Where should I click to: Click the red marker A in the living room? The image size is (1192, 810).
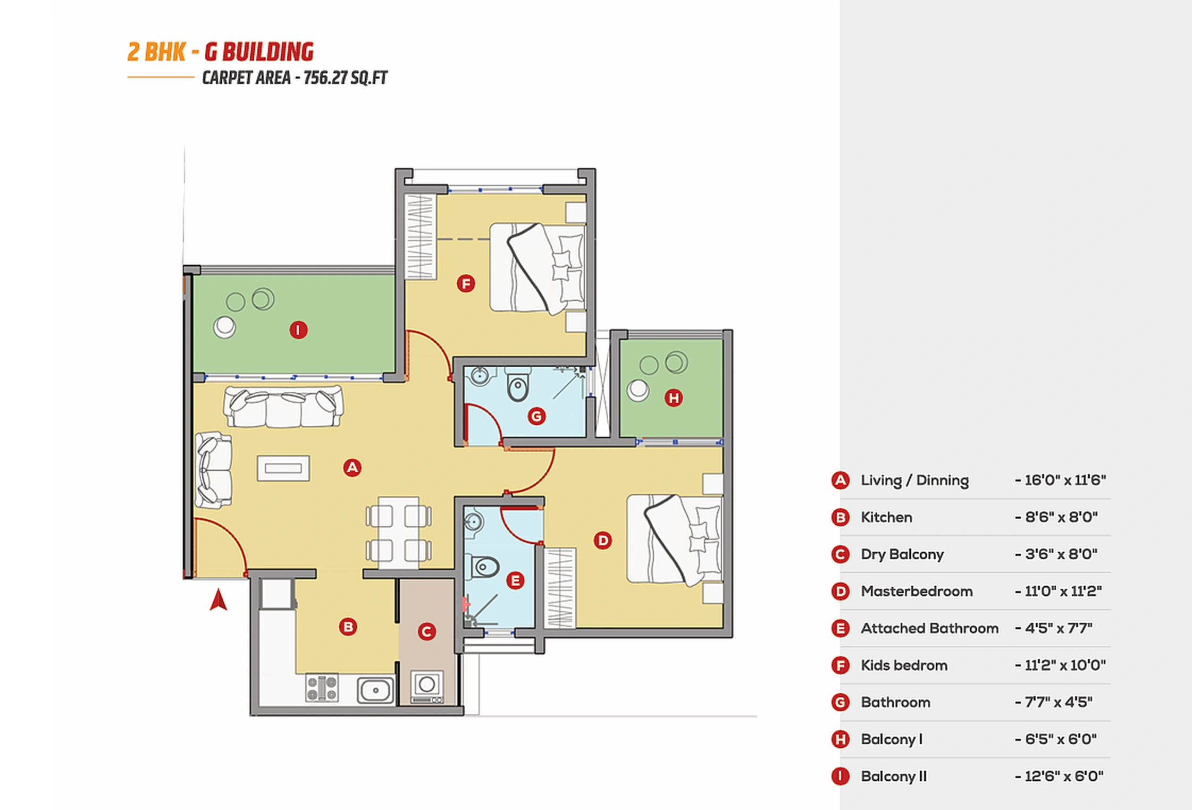(352, 468)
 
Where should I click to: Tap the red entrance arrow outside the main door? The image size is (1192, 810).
(219, 600)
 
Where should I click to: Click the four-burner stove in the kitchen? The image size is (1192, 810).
(322, 688)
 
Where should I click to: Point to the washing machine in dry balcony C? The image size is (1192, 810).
(427, 685)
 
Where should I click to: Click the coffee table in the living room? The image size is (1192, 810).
(283, 468)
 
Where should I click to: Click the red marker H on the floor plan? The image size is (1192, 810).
(674, 398)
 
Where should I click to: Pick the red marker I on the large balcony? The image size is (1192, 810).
(298, 330)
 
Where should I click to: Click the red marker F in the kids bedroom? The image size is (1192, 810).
(466, 284)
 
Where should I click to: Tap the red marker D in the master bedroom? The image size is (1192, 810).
(602, 541)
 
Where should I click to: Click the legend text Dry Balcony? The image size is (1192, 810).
(902, 554)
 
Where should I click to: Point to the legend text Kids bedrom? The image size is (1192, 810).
(904, 665)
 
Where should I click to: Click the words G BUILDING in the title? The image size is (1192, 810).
(259, 52)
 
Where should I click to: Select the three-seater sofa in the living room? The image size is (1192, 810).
(283, 407)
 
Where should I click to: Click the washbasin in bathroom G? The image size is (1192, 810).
(480, 376)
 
